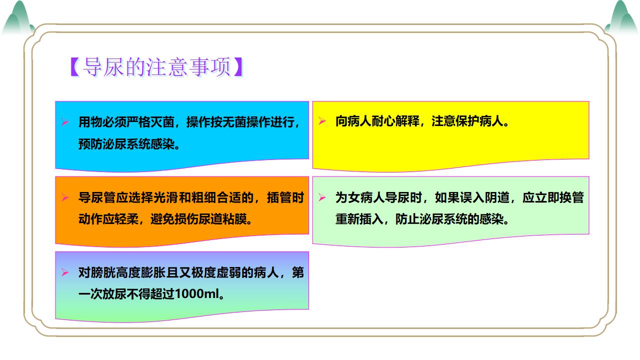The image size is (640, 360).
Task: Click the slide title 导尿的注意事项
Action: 156,67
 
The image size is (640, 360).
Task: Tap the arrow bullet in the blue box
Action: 65,122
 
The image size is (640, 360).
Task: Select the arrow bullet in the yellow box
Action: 322,121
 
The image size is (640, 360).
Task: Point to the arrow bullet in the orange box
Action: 65,197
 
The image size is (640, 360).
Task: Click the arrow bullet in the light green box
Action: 322,197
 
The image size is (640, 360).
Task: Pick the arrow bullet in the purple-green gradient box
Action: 65,272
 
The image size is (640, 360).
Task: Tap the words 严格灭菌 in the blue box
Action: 150,122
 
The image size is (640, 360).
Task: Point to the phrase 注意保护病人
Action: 467,121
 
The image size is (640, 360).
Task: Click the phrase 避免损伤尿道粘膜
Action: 198,219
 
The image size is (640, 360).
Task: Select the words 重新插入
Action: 359,219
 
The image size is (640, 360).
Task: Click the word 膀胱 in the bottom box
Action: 102,272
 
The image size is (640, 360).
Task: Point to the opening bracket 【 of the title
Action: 75,67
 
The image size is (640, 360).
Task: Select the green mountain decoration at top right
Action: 622,17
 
